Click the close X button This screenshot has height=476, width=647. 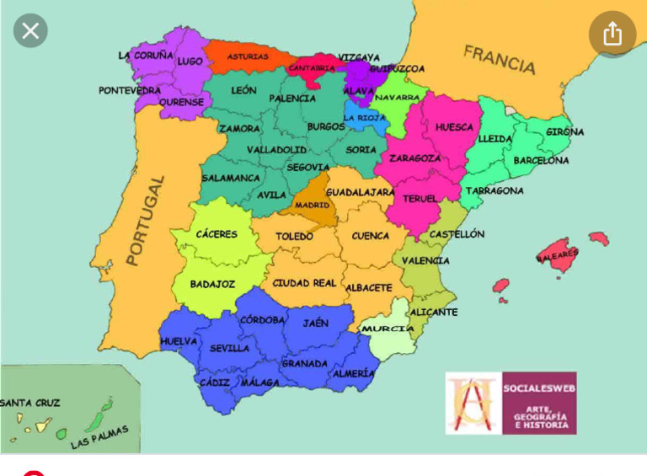pyautogui.click(x=30, y=32)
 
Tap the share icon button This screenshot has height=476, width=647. pyautogui.click(x=612, y=34)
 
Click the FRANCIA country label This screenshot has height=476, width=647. pyautogui.click(x=499, y=59)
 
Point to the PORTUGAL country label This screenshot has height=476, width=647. pyautogui.click(x=144, y=220)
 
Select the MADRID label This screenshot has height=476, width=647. pyautogui.click(x=312, y=205)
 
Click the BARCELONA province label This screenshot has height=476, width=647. pyautogui.click(x=541, y=160)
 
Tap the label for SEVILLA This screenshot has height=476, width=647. pyautogui.click(x=229, y=348)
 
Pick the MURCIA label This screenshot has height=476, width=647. pyautogui.click(x=388, y=329)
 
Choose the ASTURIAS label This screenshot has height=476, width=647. pyautogui.click(x=248, y=57)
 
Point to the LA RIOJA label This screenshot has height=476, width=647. pyautogui.click(x=365, y=118)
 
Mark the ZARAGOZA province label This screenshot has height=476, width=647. pyautogui.click(x=414, y=158)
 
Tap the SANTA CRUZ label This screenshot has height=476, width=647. pyautogui.click(x=29, y=403)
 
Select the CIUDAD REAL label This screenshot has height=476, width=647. pyautogui.click(x=304, y=283)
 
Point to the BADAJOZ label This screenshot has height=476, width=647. pyautogui.click(x=212, y=285)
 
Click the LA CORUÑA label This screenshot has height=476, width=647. pyautogui.click(x=146, y=56)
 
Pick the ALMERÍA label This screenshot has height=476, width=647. pyautogui.click(x=353, y=373)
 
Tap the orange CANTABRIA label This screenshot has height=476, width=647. pyautogui.click(x=312, y=68)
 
